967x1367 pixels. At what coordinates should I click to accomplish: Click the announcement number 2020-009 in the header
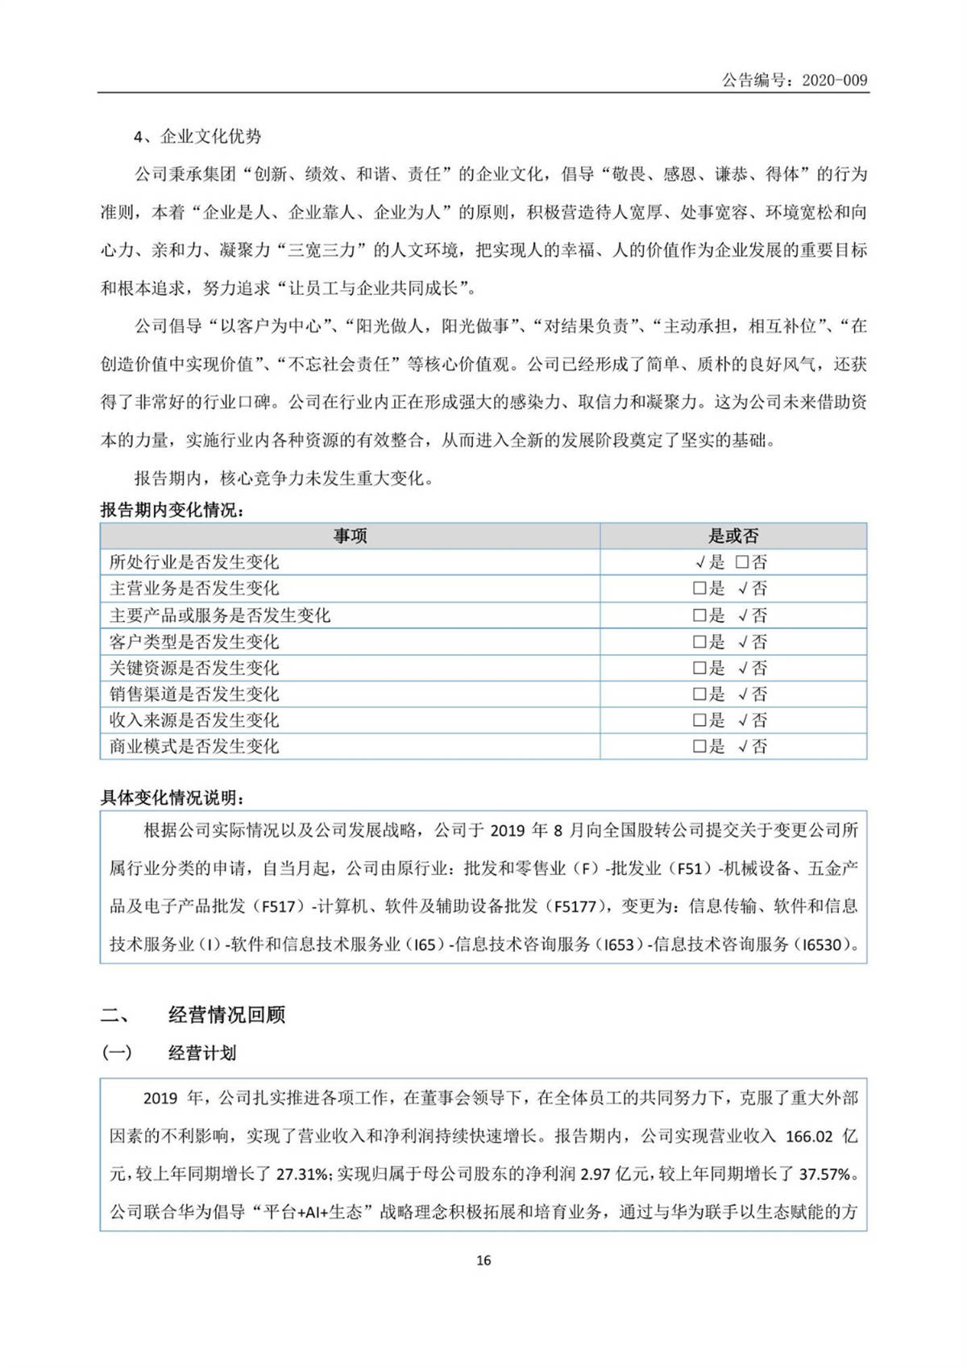point(834,80)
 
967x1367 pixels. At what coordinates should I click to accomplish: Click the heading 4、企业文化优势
point(197,136)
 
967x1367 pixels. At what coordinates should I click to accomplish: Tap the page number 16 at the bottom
point(483,1260)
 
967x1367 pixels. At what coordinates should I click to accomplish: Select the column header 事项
point(350,536)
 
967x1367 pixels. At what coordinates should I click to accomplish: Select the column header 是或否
point(733,536)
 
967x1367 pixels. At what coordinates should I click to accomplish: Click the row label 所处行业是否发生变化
point(194,562)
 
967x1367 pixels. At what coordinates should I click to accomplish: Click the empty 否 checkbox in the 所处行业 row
point(742,562)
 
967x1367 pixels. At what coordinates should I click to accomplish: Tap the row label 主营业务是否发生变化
point(194,588)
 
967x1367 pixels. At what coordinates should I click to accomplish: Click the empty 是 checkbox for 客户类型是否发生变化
point(699,642)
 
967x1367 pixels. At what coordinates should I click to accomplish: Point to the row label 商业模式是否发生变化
point(194,746)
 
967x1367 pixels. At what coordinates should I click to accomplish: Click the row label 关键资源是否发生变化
point(194,668)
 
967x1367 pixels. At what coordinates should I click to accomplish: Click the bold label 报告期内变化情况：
point(172,511)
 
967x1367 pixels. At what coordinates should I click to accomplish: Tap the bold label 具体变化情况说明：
point(172,797)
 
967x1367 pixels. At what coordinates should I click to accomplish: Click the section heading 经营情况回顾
point(226,1015)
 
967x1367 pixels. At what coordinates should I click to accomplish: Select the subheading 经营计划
point(202,1053)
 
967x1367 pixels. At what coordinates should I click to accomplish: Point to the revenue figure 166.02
point(808,1137)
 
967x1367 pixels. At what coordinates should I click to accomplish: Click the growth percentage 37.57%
point(824,1174)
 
